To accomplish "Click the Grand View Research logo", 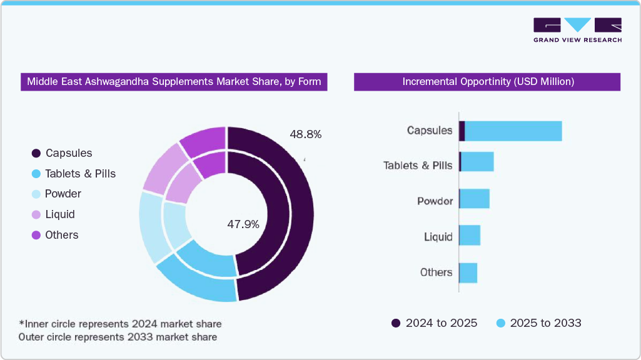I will pos(577,30).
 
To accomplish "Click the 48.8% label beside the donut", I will pos(305,134).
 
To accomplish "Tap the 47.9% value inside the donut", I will pos(243,224).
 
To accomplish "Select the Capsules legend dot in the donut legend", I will pos(36,153).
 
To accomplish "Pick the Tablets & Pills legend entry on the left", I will pos(74,174).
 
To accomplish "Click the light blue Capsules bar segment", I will pos(513,131).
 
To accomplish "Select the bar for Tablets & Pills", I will pos(478,162).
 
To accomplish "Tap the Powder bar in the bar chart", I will pos(475,199).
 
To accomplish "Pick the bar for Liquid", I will pos(470,236).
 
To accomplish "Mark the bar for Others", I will pos(468,272).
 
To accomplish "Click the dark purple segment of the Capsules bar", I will pos(462,131).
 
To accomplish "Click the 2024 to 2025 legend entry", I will pos(434,323).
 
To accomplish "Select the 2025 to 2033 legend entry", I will pos(538,323).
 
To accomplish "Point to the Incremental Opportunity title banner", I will pos(487,82).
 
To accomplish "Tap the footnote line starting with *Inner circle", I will pos(120,324).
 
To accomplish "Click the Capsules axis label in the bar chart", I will pos(429,131).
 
